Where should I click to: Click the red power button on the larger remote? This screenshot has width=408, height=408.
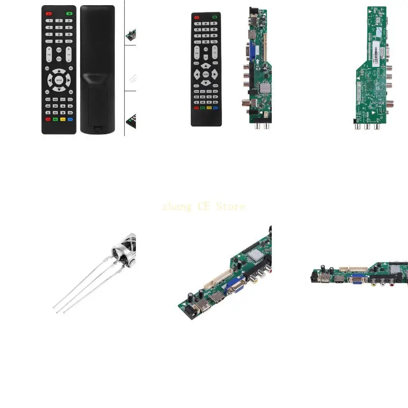tap(49, 13)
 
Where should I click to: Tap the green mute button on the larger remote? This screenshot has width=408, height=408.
tap(69, 13)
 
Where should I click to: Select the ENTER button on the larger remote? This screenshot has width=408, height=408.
tap(59, 80)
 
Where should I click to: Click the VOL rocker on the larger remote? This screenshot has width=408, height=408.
tap(49, 55)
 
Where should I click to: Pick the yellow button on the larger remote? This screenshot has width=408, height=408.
tap(63, 119)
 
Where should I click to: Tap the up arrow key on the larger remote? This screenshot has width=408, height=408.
tap(59, 72)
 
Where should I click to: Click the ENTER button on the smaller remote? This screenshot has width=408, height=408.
tap(206, 75)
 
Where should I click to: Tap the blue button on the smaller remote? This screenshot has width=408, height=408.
tap(216, 108)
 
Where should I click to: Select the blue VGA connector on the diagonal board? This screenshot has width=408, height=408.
tap(235, 286)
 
